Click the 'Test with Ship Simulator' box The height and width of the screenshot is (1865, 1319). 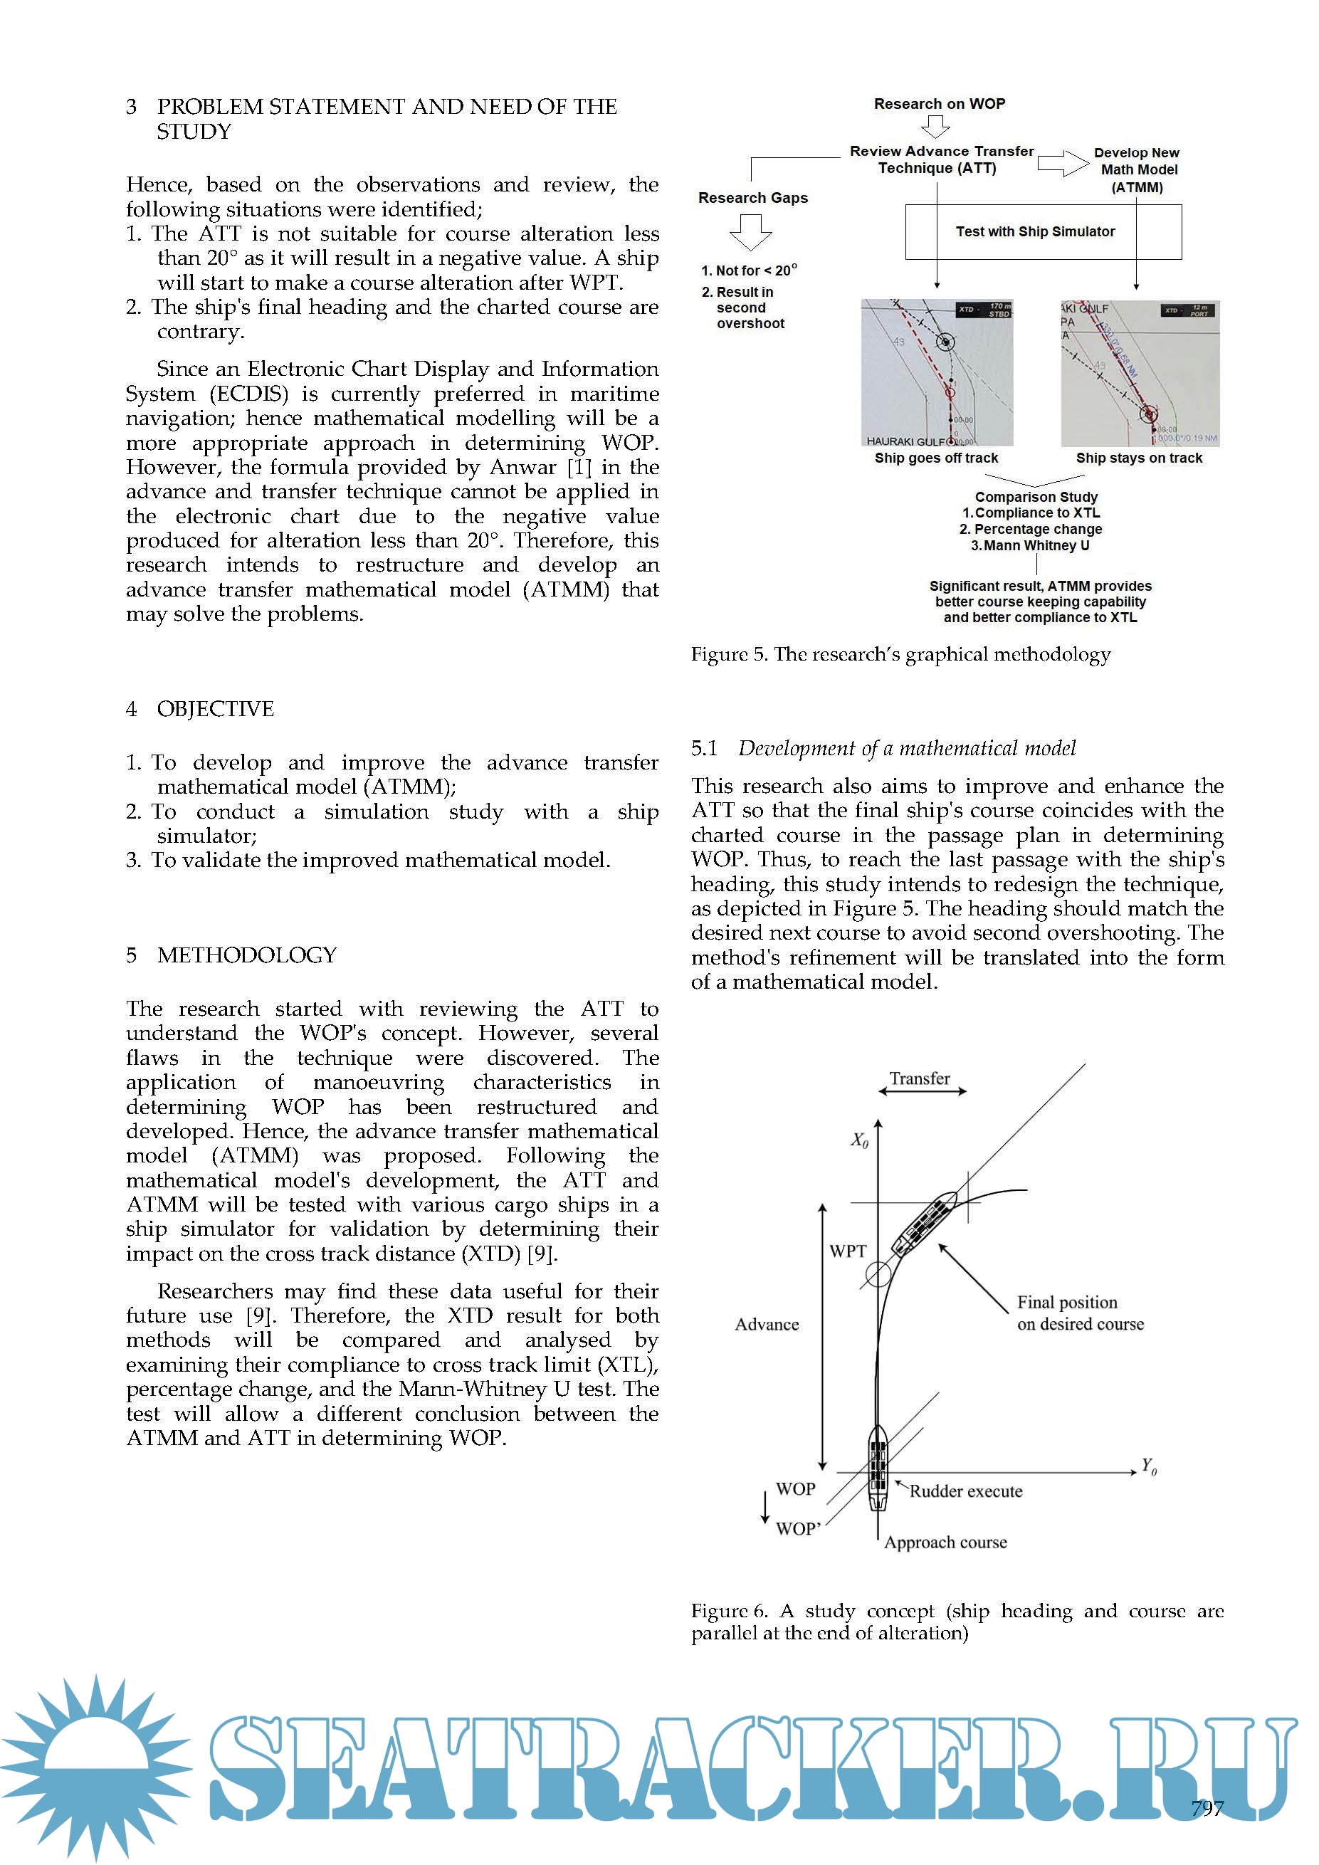click(x=1042, y=231)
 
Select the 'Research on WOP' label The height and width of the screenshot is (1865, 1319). click(x=939, y=104)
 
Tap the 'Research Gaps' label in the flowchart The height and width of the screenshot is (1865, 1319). click(x=753, y=198)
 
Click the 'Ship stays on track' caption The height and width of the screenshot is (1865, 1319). click(x=1139, y=458)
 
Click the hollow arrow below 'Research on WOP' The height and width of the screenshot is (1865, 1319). click(x=935, y=127)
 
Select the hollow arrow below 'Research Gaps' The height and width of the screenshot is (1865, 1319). click(x=750, y=232)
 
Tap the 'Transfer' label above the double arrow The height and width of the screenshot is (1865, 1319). click(x=920, y=1078)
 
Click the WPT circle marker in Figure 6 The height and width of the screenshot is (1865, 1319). click(x=878, y=1274)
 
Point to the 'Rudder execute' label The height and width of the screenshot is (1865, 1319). click(x=966, y=1491)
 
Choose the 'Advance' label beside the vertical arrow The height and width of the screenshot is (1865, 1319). click(x=767, y=1325)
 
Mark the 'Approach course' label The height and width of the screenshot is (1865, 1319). click(x=945, y=1543)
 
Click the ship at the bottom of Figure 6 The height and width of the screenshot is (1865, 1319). click(x=877, y=1468)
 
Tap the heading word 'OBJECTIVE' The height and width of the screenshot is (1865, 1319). click(x=215, y=709)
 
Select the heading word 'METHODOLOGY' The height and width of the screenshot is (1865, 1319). click(x=247, y=955)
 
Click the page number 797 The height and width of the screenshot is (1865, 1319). click(x=1207, y=1808)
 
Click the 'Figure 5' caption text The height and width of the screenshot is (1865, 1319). click(x=900, y=655)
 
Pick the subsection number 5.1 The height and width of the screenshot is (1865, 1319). click(x=704, y=748)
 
